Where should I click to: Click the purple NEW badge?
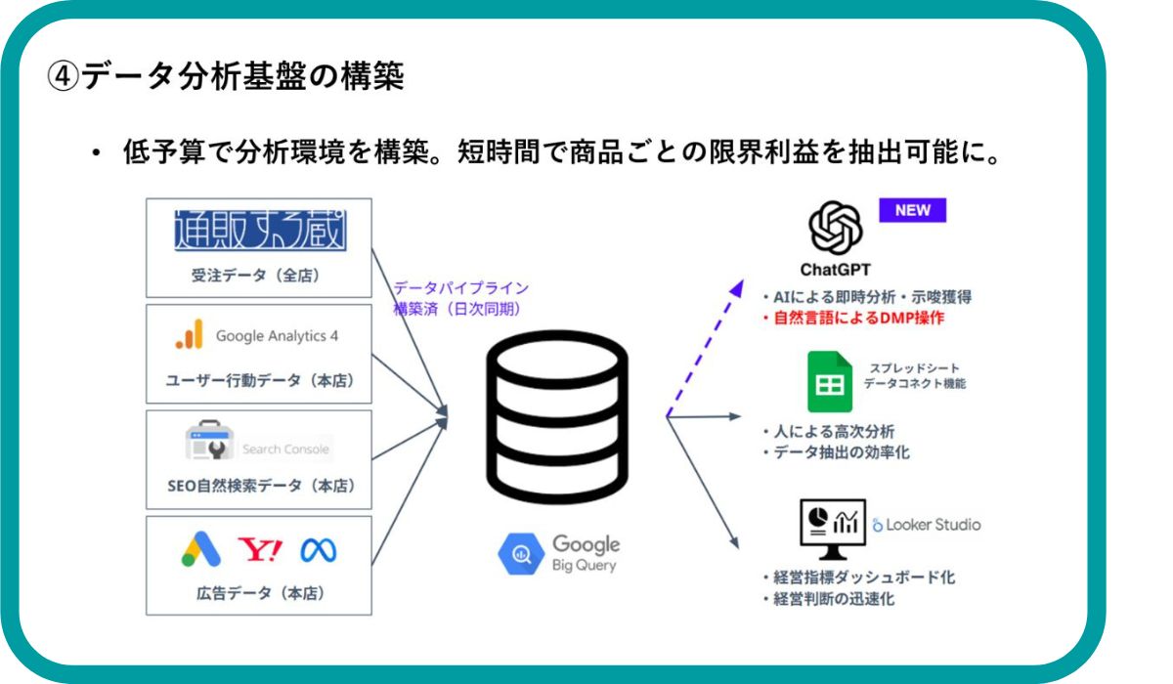tap(912, 210)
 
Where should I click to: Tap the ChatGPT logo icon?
tap(836, 228)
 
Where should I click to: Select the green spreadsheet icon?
tap(830, 381)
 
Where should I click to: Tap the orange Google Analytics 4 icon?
tap(190, 335)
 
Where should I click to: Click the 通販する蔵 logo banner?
tap(259, 231)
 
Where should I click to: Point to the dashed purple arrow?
tap(703, 348)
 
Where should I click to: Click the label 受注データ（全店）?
tap(258, 276)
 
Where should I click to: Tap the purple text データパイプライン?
tap(460, 288)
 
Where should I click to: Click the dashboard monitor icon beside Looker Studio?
tap(830, 526)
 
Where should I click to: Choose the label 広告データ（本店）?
tap(259, 592)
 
